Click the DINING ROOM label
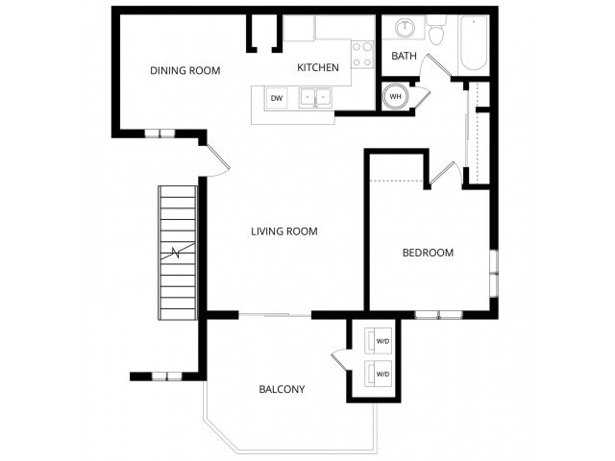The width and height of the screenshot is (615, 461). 185,70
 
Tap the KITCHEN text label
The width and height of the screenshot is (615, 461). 317,67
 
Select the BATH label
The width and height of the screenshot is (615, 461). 404,56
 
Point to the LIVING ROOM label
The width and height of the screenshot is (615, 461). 283,231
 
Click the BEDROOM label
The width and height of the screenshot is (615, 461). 428,253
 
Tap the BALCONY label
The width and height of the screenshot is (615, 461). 282,389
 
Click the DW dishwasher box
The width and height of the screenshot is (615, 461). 277,98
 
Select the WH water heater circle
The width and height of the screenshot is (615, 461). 395,96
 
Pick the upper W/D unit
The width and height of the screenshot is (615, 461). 379,341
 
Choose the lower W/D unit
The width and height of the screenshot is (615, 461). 379,374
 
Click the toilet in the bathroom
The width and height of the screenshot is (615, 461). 437,32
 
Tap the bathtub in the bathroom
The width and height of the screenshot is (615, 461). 474,43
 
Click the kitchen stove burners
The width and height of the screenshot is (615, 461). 362,54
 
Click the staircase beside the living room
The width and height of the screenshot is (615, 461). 178,253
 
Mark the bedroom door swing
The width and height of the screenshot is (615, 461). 442,174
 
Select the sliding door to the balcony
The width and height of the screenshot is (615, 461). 275,315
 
